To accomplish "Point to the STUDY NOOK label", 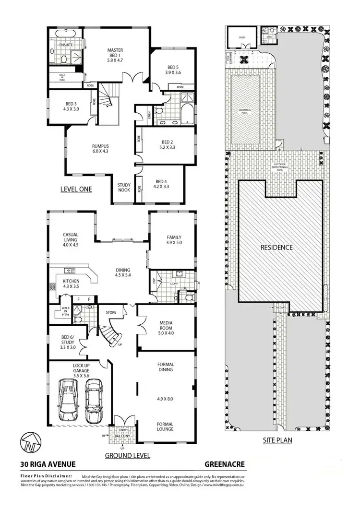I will coord(125,188).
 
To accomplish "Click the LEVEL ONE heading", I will coord(76,189).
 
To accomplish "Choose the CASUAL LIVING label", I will coord(71,239).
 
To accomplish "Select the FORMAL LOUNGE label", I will coord(165,426).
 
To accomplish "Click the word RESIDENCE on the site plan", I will coord(276,248).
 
